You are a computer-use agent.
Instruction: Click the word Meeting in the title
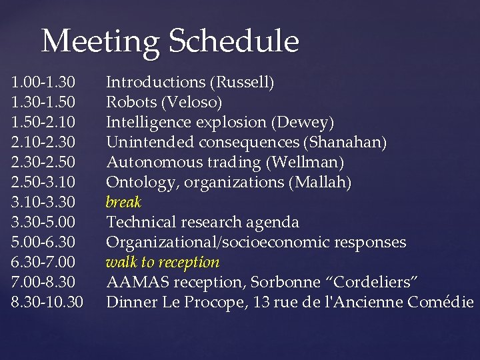click(x=101, y=41)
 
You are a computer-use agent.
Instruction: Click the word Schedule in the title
click(x=233, y=41)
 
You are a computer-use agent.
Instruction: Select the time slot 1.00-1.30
click(x=44, y=83)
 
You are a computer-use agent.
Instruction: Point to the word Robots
click(x=132, y=103)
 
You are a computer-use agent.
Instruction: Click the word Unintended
click(x=147, y=143)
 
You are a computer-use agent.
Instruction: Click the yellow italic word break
click(x=125, y=202)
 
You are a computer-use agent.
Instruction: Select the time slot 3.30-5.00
click(x=44, y=222)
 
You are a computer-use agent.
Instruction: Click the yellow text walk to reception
click(x=163, y=262)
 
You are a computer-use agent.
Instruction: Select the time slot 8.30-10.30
click(x=48, y=302)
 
